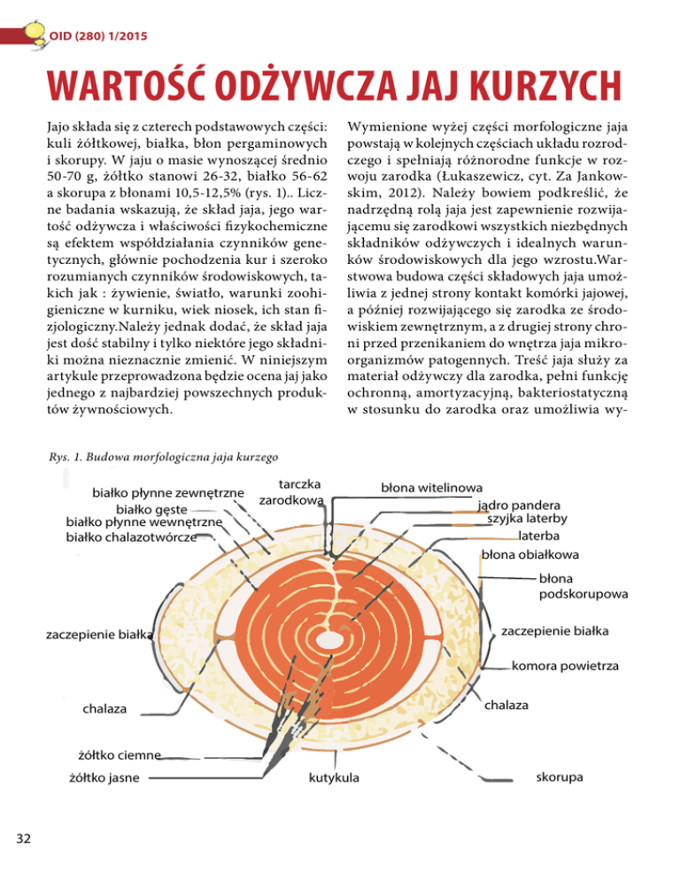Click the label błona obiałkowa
click(529, 555)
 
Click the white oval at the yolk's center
click(333, 637)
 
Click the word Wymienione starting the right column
click(392, 120)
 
